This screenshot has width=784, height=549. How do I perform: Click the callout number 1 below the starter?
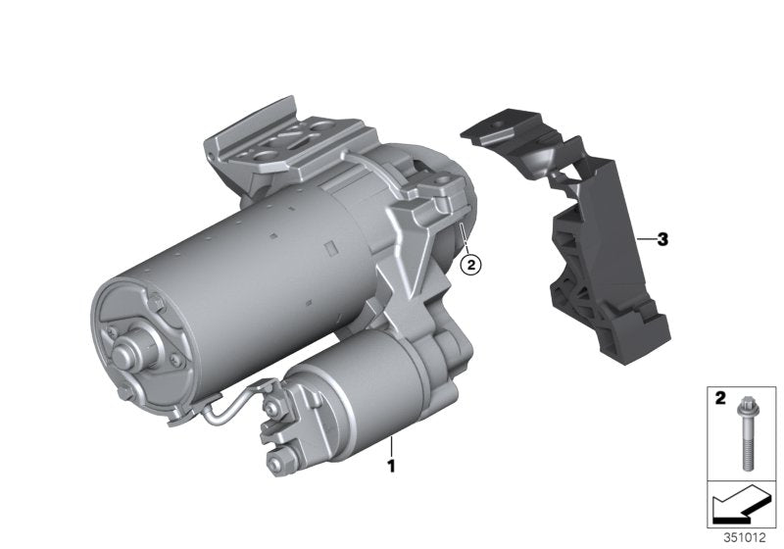point(391,467)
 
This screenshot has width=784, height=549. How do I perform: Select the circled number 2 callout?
point(470,263)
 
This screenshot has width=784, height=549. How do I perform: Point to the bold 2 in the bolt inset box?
point(719,400)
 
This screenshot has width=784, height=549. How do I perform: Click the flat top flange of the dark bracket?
point(500,127)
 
